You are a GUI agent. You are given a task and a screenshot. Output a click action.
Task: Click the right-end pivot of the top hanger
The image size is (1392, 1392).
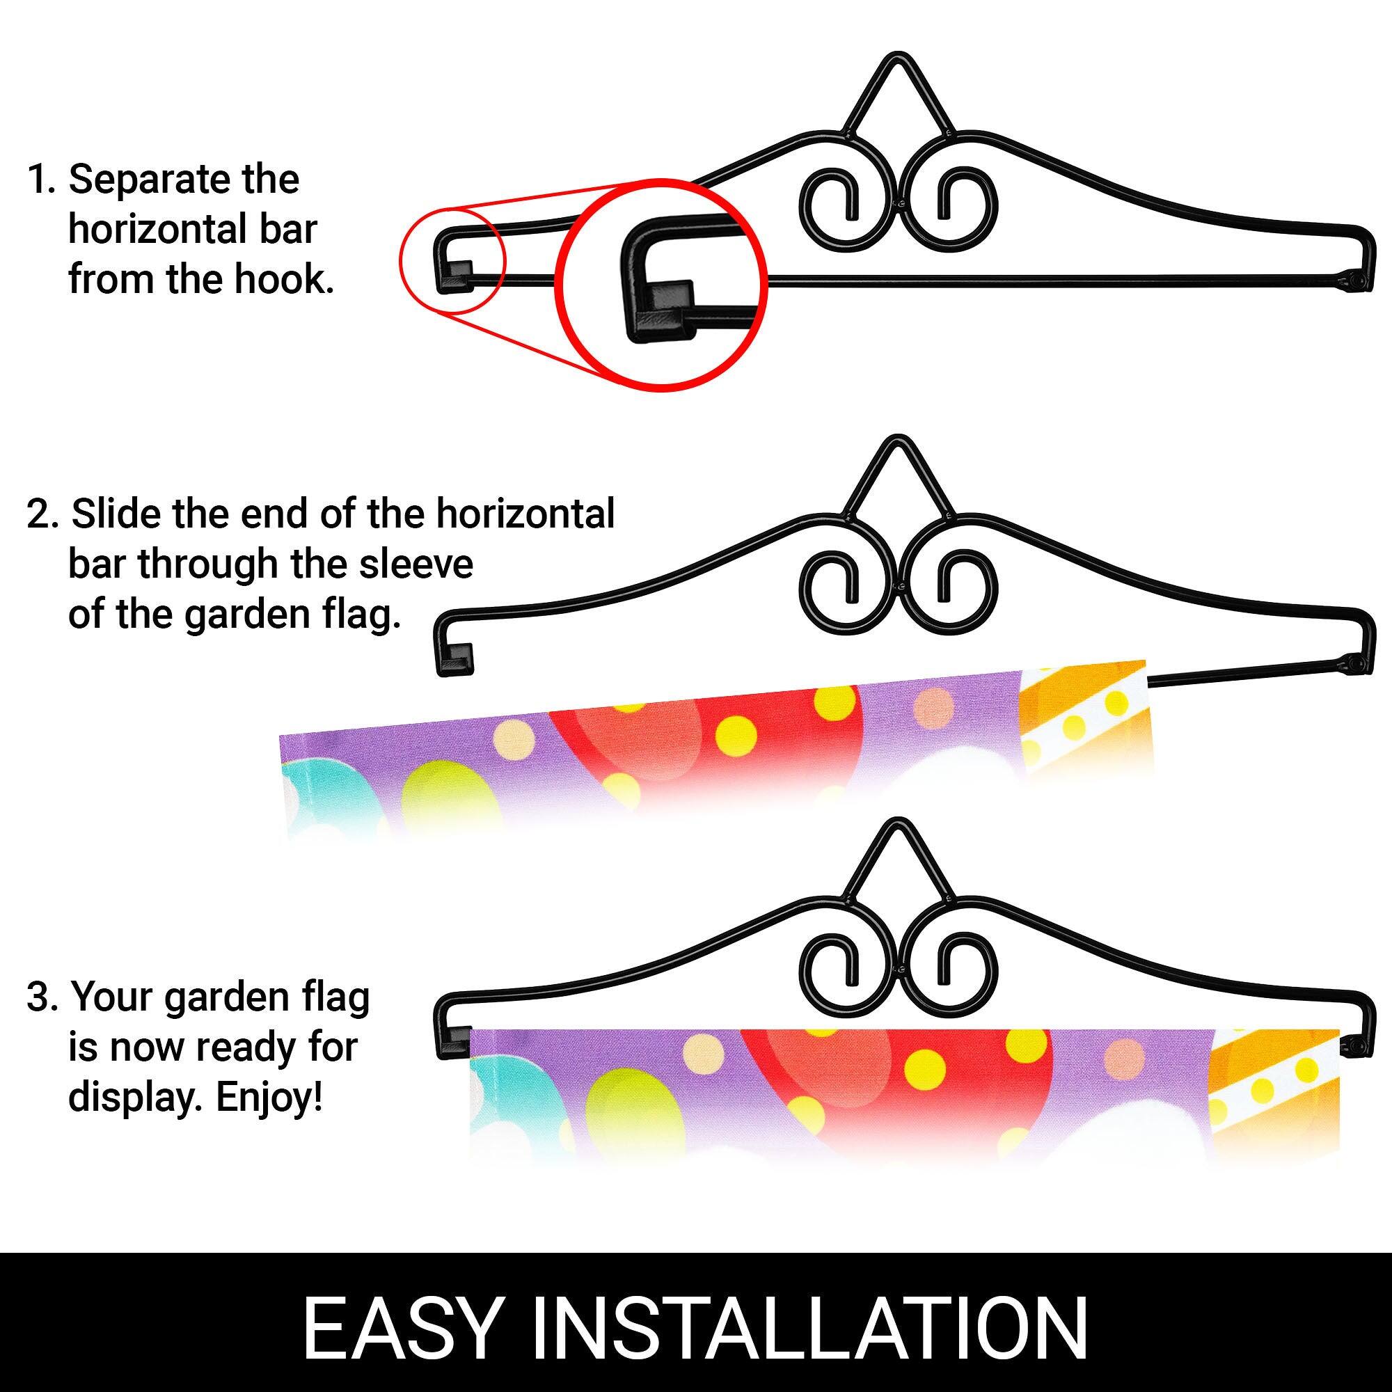[x=1354, y=278]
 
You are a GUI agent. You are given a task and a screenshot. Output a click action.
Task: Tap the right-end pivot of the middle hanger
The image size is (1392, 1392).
[x=1354, y=661]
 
